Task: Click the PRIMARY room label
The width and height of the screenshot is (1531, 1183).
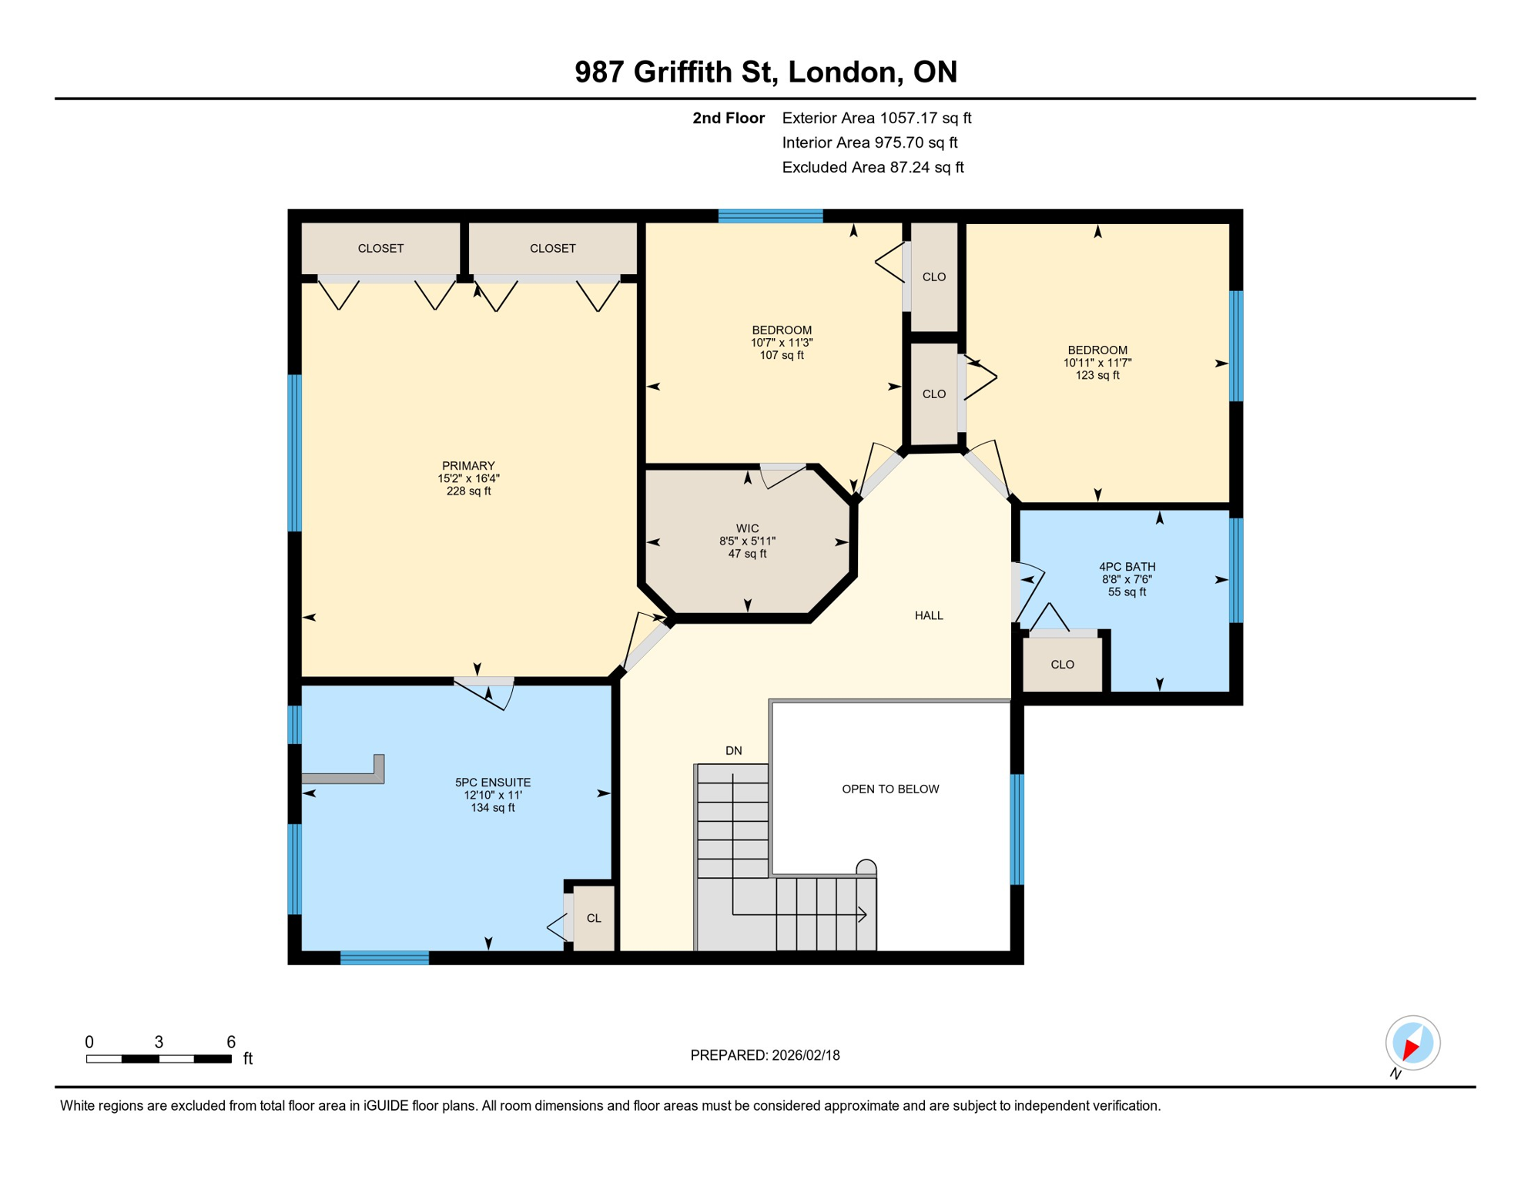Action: pos(468,466)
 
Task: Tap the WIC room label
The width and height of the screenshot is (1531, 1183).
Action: pos(747,528)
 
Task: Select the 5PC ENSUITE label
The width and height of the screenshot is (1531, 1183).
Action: pos(493,783)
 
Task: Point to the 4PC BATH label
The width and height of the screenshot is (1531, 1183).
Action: pos(1127,567)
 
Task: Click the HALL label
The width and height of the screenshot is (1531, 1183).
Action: pos(929,615)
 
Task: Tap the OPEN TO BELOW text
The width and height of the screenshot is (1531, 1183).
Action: pos(890,789)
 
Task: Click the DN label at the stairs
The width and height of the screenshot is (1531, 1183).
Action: pos(733,750)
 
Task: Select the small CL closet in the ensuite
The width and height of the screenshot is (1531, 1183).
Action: pos(594,918)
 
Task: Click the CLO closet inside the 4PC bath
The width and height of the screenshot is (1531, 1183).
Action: pos(1062,664)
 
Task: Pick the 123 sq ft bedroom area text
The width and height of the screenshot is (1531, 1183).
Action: pos(1097,375)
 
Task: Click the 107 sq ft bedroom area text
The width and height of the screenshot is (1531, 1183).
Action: pos(781,355)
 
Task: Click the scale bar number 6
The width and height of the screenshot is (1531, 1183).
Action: pos(230,1042)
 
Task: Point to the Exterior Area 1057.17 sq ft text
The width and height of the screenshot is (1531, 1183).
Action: pos(876,118)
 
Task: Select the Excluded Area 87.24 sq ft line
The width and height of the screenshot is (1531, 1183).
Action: pos(873,167)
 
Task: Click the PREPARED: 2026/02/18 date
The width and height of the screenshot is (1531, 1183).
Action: pos(765,1055)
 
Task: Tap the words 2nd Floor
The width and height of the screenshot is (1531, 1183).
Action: pos(728,118)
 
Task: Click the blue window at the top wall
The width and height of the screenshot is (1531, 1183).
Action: pos(770,216)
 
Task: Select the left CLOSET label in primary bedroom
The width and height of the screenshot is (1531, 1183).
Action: pos(380,248)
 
